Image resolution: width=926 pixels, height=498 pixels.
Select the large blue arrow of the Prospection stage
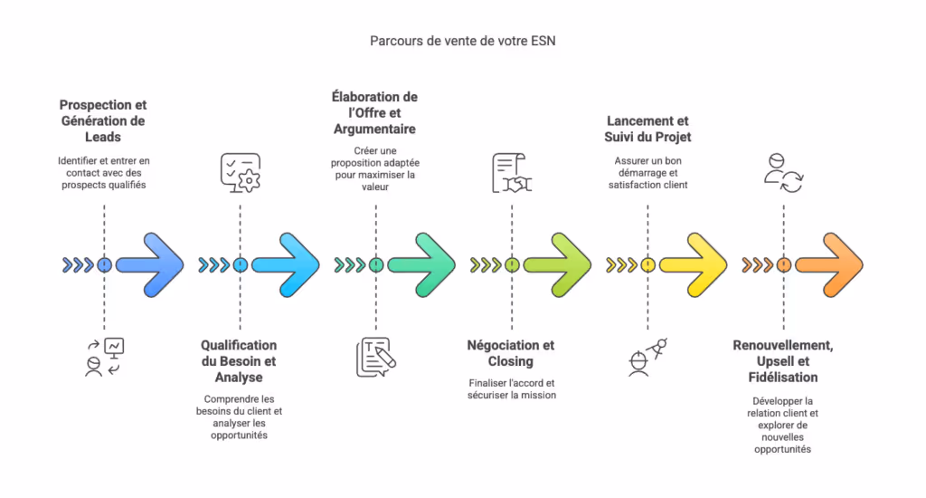click(152, 264)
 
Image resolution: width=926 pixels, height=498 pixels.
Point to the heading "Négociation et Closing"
click(511, 353)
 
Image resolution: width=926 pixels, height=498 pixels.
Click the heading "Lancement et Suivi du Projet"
click(647, 129)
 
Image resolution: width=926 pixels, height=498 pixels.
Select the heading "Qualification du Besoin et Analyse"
click(239, 360)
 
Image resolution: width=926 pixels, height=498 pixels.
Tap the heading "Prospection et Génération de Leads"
click(102, 120)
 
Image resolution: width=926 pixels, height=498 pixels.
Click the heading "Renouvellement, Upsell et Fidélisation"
click(782, 360)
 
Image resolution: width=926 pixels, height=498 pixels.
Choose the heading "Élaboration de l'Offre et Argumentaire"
click(374, 113)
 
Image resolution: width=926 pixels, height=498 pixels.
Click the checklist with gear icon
click(240, 172)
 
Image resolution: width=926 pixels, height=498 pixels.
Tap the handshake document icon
click(512, 174)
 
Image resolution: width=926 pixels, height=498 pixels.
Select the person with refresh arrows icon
click(782, 172)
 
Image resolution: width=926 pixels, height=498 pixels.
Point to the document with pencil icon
click(376, 357)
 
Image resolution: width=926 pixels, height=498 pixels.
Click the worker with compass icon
click(647, 356)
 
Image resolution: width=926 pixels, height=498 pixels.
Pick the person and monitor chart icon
click(103, 357)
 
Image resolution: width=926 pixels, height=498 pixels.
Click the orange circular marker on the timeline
click(784, 265)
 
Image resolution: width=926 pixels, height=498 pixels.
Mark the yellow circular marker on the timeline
click(647, 265)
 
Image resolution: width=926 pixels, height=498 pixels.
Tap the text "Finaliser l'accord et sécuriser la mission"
click(511, 388)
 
